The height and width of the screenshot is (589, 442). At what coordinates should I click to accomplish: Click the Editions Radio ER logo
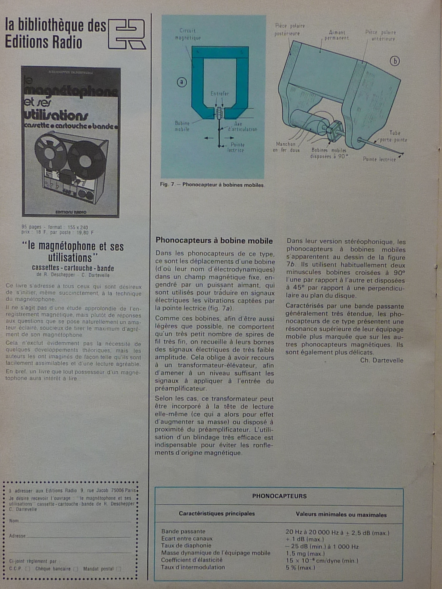click(x=127, y=34)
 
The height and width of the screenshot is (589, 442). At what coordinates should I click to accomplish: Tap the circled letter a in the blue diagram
click(x=182, y=82)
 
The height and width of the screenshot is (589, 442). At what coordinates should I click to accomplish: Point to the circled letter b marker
click(x=394, y=61)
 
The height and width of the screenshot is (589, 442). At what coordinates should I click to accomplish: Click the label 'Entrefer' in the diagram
click(x=220, y=94)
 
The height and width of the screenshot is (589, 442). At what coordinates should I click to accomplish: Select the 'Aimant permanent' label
click(x=336, y=35)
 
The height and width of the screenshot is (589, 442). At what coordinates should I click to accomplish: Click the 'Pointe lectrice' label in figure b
click(x=379, y=159)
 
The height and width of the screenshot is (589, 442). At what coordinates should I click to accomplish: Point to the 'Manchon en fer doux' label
click(x=286, y=147)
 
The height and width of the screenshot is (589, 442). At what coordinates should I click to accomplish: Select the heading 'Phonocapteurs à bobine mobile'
click(x=214, y=241)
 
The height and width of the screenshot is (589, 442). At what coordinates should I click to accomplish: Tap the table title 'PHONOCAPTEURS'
click(x=279, y=496)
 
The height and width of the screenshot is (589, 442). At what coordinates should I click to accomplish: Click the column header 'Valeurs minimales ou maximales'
click(x=341, y=515)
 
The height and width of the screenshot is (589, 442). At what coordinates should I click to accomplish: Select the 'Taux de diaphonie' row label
click(x=186, y=546)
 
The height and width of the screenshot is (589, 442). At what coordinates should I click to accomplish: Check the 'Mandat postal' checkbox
click(x=119, y=569)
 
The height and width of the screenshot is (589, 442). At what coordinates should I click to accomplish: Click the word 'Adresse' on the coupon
click(x=17, y=536)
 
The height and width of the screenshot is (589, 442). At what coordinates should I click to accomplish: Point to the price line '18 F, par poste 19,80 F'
click(x=57, y=233)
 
